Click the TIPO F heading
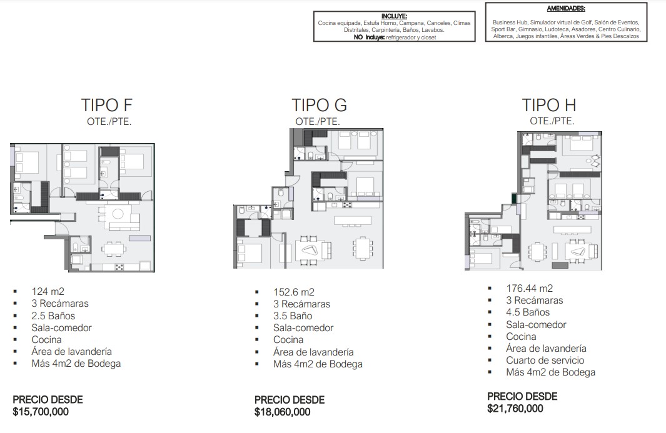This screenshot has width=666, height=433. [x=106, y=105]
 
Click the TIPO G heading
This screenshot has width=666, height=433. [x=319, y=105]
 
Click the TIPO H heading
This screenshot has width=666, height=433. [x=549, y=105]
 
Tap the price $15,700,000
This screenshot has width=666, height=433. [x=41, y=411]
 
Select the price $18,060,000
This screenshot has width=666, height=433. [x=283, y=412]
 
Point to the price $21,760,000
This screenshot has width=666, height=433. [x=515, y=409]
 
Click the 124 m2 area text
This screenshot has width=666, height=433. [x=48, y=291]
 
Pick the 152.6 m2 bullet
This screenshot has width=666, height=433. [x=294, y=292]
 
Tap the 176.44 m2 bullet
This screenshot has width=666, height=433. [x=529, y=288]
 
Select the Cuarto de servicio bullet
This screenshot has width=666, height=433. [x=545, y=360]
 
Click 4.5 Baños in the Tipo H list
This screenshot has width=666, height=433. [x=528, y=312]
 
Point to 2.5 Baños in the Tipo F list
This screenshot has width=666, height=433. [x=53, y=316]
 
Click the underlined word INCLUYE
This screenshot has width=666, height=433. [x=394, y=16]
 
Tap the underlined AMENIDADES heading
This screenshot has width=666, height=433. [x=566, y=8]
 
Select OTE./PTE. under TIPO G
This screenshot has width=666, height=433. [x=318, y=121]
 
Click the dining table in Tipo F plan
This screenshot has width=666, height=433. [x=114, y=248]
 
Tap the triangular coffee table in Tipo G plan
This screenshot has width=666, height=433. [x=310, y=249]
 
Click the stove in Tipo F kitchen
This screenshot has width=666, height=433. [x=119, y=267]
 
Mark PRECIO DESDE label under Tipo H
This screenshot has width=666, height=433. [x=522, y=397]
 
